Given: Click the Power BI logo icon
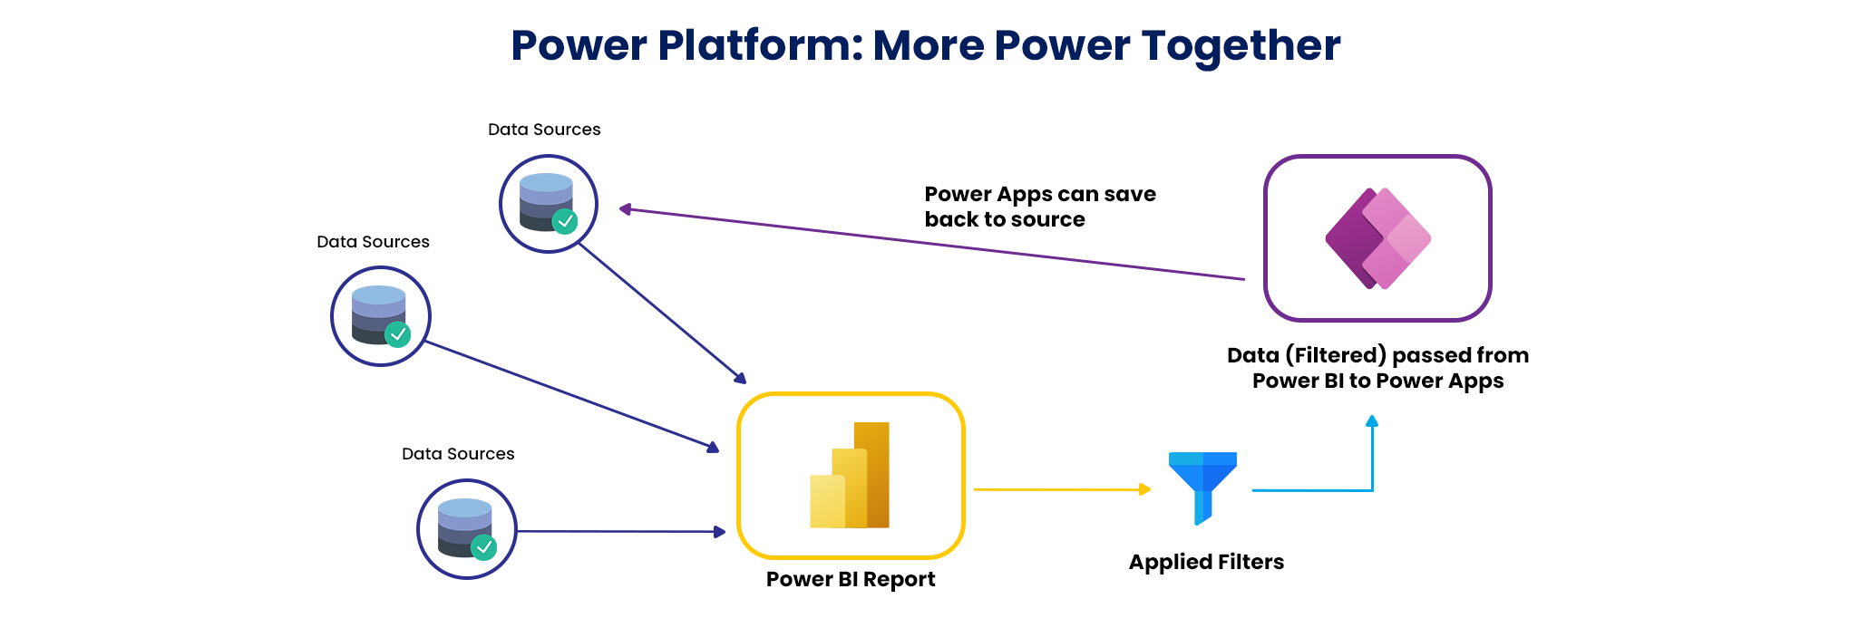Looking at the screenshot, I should (850, 475).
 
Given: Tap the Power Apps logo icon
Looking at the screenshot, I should (1377, 238).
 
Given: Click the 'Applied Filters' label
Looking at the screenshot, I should (1206, 562).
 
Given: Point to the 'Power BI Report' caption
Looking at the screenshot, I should (850, 579).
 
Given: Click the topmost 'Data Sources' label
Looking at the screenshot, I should (544, 130).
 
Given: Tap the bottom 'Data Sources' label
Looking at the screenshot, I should (458, 454).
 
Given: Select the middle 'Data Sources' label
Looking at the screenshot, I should (373, 242).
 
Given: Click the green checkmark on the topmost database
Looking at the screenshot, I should (565, 220).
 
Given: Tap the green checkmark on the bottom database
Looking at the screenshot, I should (484, 546).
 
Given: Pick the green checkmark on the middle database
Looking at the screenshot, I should (397, 333).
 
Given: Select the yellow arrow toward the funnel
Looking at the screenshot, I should (1061, 489).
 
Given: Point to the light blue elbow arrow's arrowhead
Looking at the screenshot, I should (1372, 421).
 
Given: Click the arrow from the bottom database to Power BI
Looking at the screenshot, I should (621, 531).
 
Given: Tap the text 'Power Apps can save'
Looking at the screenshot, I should (1040, 194).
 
